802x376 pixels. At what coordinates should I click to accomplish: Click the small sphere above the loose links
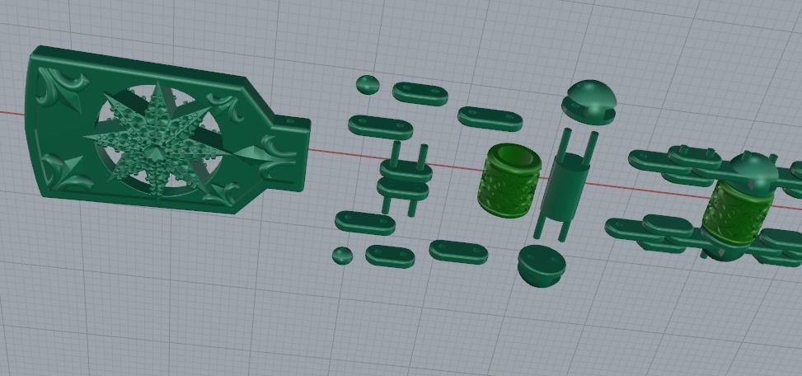coord(367,84)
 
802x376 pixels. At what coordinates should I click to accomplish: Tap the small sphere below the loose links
coord(342,255)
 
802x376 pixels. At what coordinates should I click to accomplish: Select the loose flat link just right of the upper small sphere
coord(420,92)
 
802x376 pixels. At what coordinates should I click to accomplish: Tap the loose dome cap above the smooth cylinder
coord(589,99)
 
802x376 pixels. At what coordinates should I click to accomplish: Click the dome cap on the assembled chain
coord(748,171)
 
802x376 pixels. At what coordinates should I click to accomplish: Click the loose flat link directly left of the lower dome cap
coord(459,251)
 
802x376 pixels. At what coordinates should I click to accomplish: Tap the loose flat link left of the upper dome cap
coord(490,117)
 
